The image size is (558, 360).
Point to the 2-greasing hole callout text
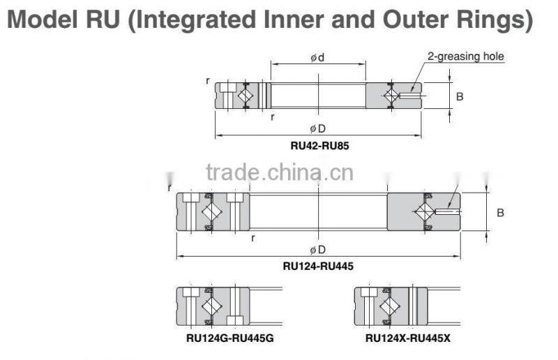(465, 57)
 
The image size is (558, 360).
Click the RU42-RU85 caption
(317, 147)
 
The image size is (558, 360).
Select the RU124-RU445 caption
(317, 266)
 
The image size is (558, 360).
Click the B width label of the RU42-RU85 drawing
(460, 96)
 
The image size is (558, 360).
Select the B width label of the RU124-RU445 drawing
(500, 213)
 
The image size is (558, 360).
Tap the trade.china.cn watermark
(280, 172)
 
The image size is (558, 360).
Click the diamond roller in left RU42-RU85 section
(245, 96)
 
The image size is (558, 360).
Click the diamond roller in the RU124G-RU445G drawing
(211, 306)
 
